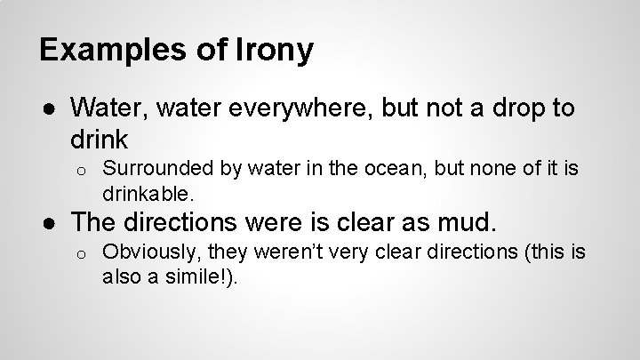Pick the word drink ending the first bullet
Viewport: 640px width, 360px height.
tap(99, 139)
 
